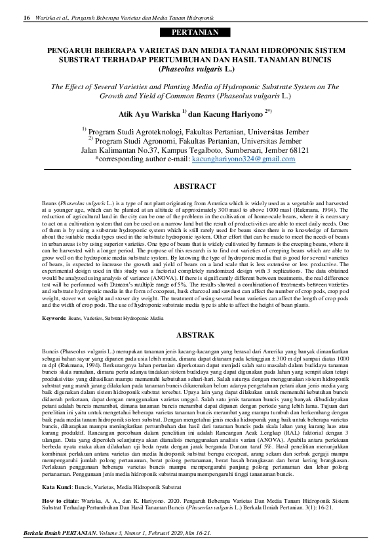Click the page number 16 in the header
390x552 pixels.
coord(26,17)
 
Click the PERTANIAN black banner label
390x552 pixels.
coord(195,32)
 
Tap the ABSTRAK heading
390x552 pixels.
coord(195,334)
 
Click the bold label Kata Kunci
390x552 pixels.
coord(57,469)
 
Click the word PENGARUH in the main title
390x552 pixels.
coord(73,49)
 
